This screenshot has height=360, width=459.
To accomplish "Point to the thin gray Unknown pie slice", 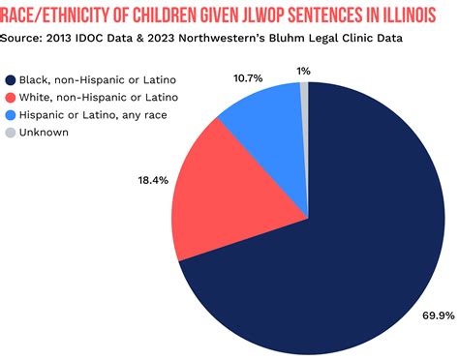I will click(304, 90).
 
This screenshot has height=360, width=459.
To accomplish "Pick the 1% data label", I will click(304, 71).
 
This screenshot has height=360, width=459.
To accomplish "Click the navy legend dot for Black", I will click(11, 80).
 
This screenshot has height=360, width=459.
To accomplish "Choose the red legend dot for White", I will click(11, 98).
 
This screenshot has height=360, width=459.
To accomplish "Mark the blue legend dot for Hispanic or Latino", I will click(11, 115).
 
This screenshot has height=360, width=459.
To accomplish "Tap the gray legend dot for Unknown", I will click(11, 133).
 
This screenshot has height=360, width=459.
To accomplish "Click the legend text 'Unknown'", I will click(44, 133).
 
